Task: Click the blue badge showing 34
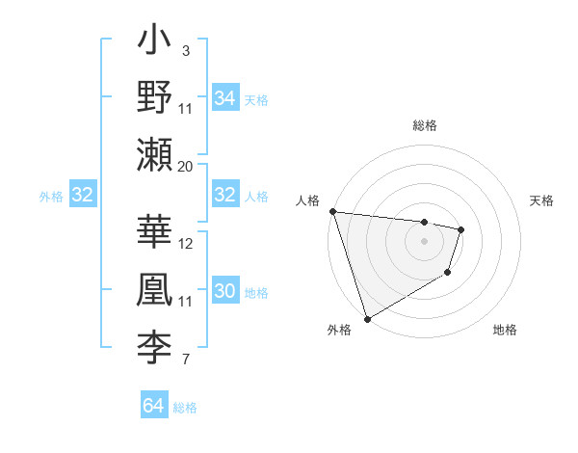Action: [x=225, y=97]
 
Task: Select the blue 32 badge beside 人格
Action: [x=225, y=195]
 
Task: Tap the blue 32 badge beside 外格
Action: [x=82, y=195]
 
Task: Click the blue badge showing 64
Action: [x=153, y=406]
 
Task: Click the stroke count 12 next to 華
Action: [x=186, y=244]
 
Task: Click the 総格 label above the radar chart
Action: [x=424, y=124]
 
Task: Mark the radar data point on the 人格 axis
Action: [x=332, y=211]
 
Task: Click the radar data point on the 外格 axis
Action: [x=367, y=319]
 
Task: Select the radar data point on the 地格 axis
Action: [x=448, y=274]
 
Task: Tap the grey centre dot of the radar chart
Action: [x=424, y=241]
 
